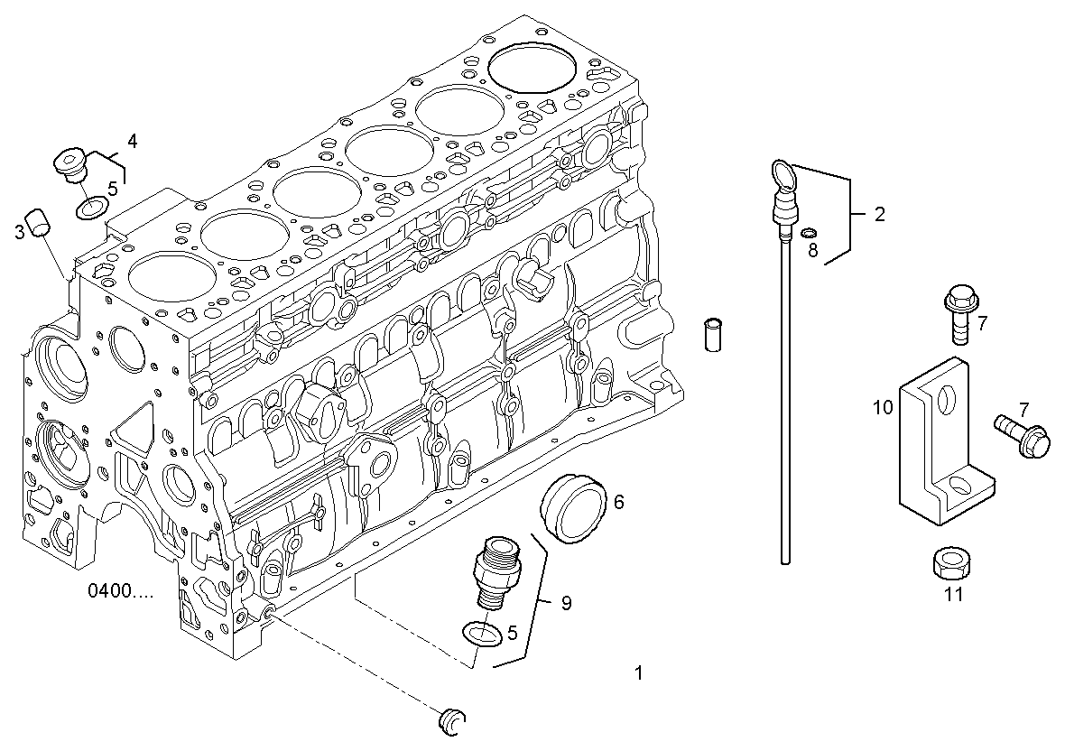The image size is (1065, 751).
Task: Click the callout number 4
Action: (x=132, y=141)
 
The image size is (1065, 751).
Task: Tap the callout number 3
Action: (x=19, y=233)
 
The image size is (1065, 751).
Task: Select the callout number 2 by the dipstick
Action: (x=879, y=215)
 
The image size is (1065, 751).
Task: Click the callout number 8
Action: (x=812, y=251)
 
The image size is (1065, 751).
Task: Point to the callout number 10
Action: (x=883, y=407)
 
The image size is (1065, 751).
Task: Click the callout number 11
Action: (x=953, y=594)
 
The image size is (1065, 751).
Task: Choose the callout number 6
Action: (x=618, y=502)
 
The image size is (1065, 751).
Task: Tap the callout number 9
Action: (x=566, y=603)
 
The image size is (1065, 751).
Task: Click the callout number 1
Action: (x=638, y=672)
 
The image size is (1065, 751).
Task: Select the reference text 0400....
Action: (x=120, y=591)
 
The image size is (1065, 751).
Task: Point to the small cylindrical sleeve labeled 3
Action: (x=38, y=221)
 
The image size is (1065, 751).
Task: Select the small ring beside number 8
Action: (x=808, y=233)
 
